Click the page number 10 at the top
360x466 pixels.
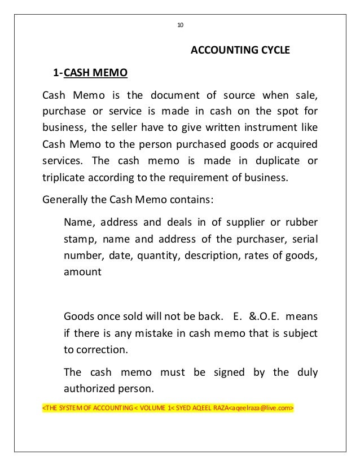click(181, 25)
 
